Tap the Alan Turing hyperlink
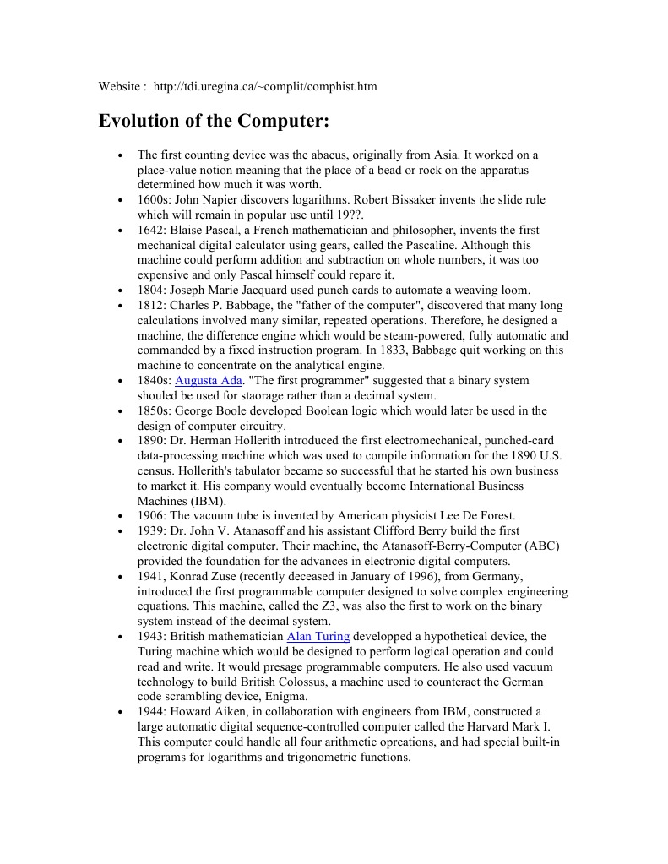click(318, 636)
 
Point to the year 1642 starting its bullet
click(150, 231)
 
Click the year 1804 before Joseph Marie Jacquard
click(150, 291)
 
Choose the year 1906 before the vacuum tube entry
click(150, 516)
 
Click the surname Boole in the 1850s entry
click(248, 411)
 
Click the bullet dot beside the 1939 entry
click(123, 532)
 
